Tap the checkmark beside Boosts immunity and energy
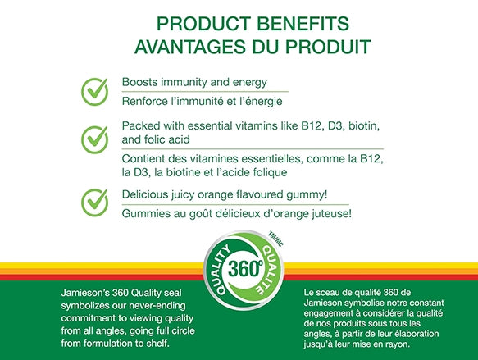click(x=95, y=91)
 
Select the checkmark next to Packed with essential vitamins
click(x=95, y=137)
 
